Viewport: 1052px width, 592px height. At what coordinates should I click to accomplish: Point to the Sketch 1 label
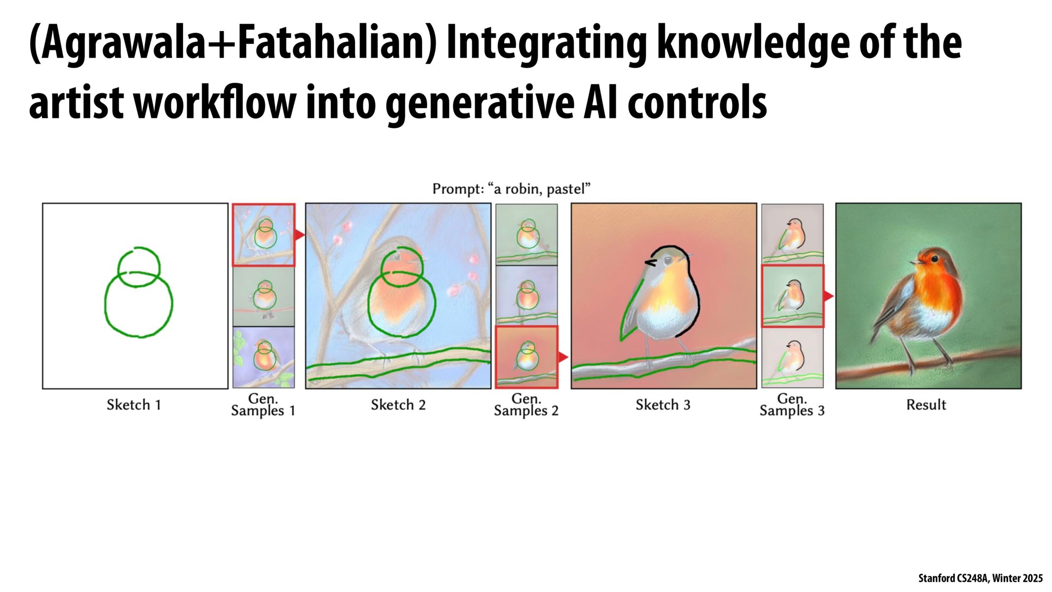coord(134,405)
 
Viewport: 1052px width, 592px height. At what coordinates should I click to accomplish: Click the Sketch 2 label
coord(399,405)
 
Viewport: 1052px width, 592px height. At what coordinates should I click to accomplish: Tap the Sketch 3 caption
coord(663,405)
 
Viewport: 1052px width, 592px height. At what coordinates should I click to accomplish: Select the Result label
coord(926,405)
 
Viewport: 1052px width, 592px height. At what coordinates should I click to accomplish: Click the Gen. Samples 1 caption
coord(263,405)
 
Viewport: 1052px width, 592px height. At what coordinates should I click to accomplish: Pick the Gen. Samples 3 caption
coord(792,405)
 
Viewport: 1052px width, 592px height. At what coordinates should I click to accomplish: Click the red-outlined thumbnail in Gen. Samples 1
coord(264,235)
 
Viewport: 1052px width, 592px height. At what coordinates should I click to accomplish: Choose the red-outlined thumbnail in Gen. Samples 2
coord(527,357)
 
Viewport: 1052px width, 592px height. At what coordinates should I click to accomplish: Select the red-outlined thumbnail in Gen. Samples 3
coord(793,296)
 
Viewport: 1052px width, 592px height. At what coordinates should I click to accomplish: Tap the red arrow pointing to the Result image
coord(829,296)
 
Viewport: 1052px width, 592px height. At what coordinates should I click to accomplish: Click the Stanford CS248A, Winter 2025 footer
coord(980,578)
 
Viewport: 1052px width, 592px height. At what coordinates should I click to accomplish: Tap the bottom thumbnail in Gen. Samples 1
coord(264,358)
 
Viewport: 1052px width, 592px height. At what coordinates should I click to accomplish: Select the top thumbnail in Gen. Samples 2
coord(527,234)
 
